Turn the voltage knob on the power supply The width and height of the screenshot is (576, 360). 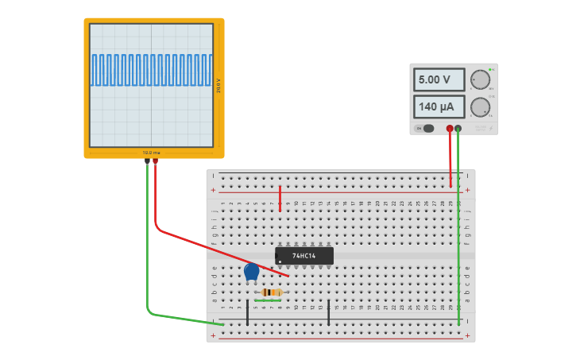pyautogui.click(x=480, y=80)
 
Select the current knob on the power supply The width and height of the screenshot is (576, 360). pyautogui.click(x=480, y=107)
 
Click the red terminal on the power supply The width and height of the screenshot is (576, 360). pyautogui.click(x=450, y=128)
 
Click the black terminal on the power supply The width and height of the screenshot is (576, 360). pyautogui.click(x=458, y=128)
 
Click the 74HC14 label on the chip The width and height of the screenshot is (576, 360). pyautogui.click(x=303, y=256)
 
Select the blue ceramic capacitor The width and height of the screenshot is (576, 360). pyautogui.click(x=252, y=272)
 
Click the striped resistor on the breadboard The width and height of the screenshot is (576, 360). pyautogui.click(x=271, y=292)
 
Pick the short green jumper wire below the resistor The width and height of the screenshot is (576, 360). pyautogui.click(x=268, y=300)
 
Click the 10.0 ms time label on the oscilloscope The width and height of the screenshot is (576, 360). pyautogui.click(x=151, y=152)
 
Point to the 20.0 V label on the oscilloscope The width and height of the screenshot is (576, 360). pyautogui.click(x=218, y=85)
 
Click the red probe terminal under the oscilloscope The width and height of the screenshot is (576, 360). pyautogui.click(x=155, y=161)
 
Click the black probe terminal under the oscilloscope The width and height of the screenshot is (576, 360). pyautogui.click(x=147, y=161)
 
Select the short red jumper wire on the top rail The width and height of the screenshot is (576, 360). pyautogui.click(x=280, y=199)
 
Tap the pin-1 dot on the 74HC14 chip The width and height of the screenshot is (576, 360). pyautogui.click(x=280, y=261)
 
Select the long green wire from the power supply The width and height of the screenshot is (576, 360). pyautogui.click(x=458, y=230)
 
